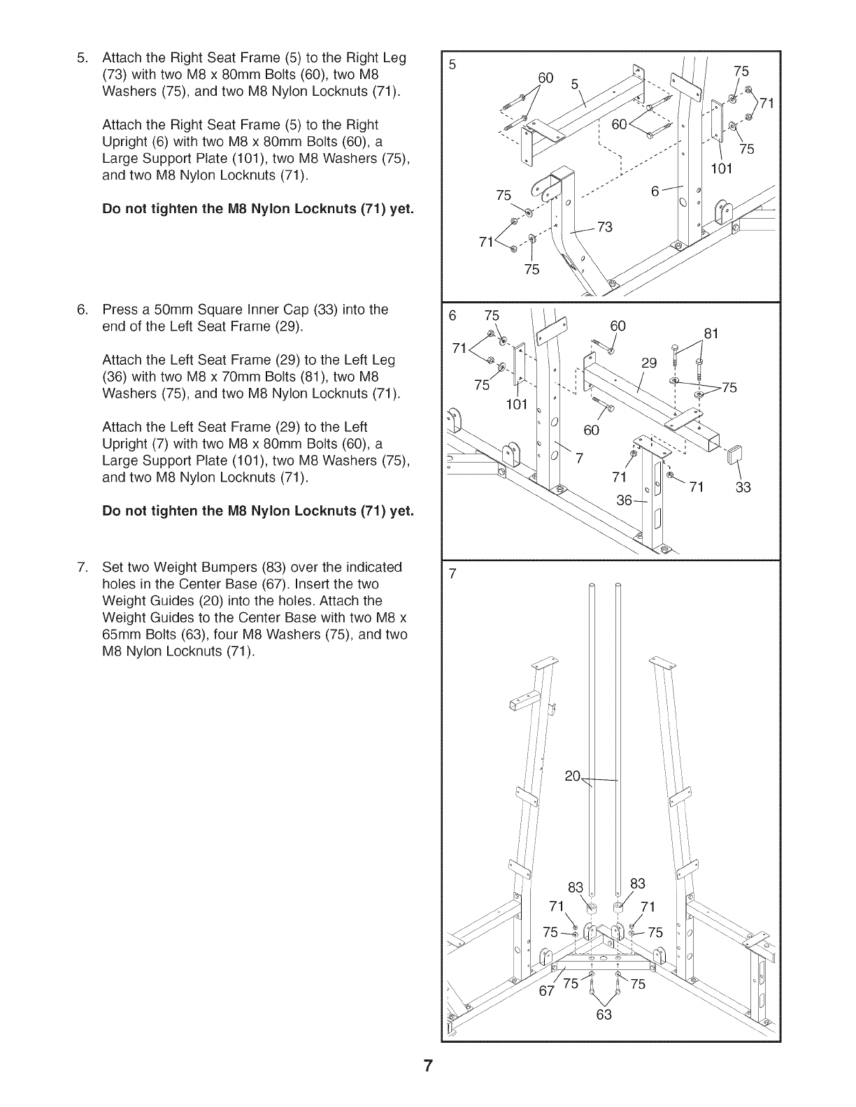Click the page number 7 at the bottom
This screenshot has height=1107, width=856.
[428, 1066]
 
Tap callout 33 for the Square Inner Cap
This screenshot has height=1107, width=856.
[743, 487]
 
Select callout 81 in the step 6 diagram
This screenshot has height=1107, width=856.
[711, 334]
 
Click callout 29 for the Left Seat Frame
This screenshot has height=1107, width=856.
[650, 363]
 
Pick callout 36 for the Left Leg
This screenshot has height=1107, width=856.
[625, 500]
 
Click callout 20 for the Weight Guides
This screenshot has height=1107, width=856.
[573, 776]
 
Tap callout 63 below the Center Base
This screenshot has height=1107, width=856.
[604, 1014]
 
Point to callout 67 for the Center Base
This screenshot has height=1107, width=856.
[547, 990]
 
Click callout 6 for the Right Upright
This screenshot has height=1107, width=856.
[655, 189]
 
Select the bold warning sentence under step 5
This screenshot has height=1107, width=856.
[258, 208]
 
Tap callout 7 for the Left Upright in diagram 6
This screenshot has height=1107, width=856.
[578, 458]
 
